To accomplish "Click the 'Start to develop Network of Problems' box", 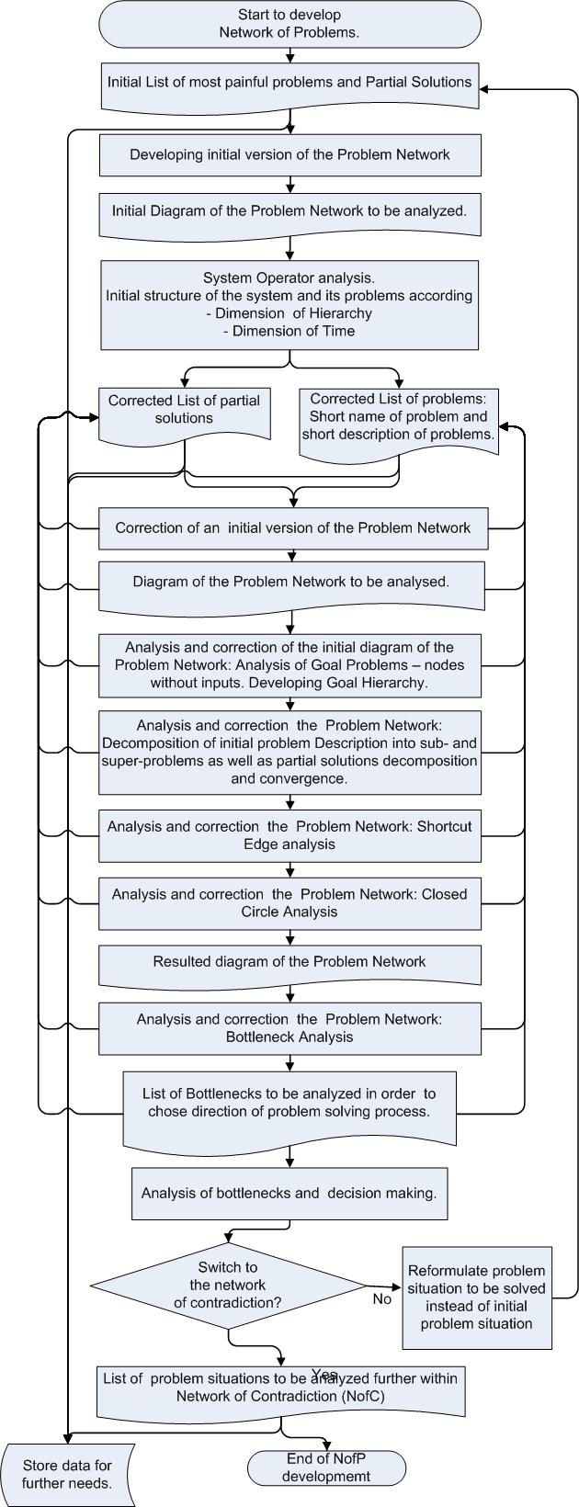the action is pos(289,24).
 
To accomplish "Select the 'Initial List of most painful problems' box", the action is pos(289,85).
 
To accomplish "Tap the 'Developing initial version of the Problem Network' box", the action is pos(289,154).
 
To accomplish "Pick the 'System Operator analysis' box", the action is pos(289,305).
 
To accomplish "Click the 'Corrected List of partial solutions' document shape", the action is pos(184,414).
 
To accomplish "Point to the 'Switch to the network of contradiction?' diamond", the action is pos(228,1286).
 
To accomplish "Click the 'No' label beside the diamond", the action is pos(381,1299).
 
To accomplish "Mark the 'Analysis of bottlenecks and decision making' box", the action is pos(289,1194).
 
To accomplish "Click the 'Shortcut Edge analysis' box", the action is pos(289,835).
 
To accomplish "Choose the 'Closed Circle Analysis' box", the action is pos(289,903).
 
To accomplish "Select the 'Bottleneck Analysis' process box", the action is pos(289,1028).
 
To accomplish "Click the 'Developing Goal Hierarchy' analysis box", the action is pos(289,665).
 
